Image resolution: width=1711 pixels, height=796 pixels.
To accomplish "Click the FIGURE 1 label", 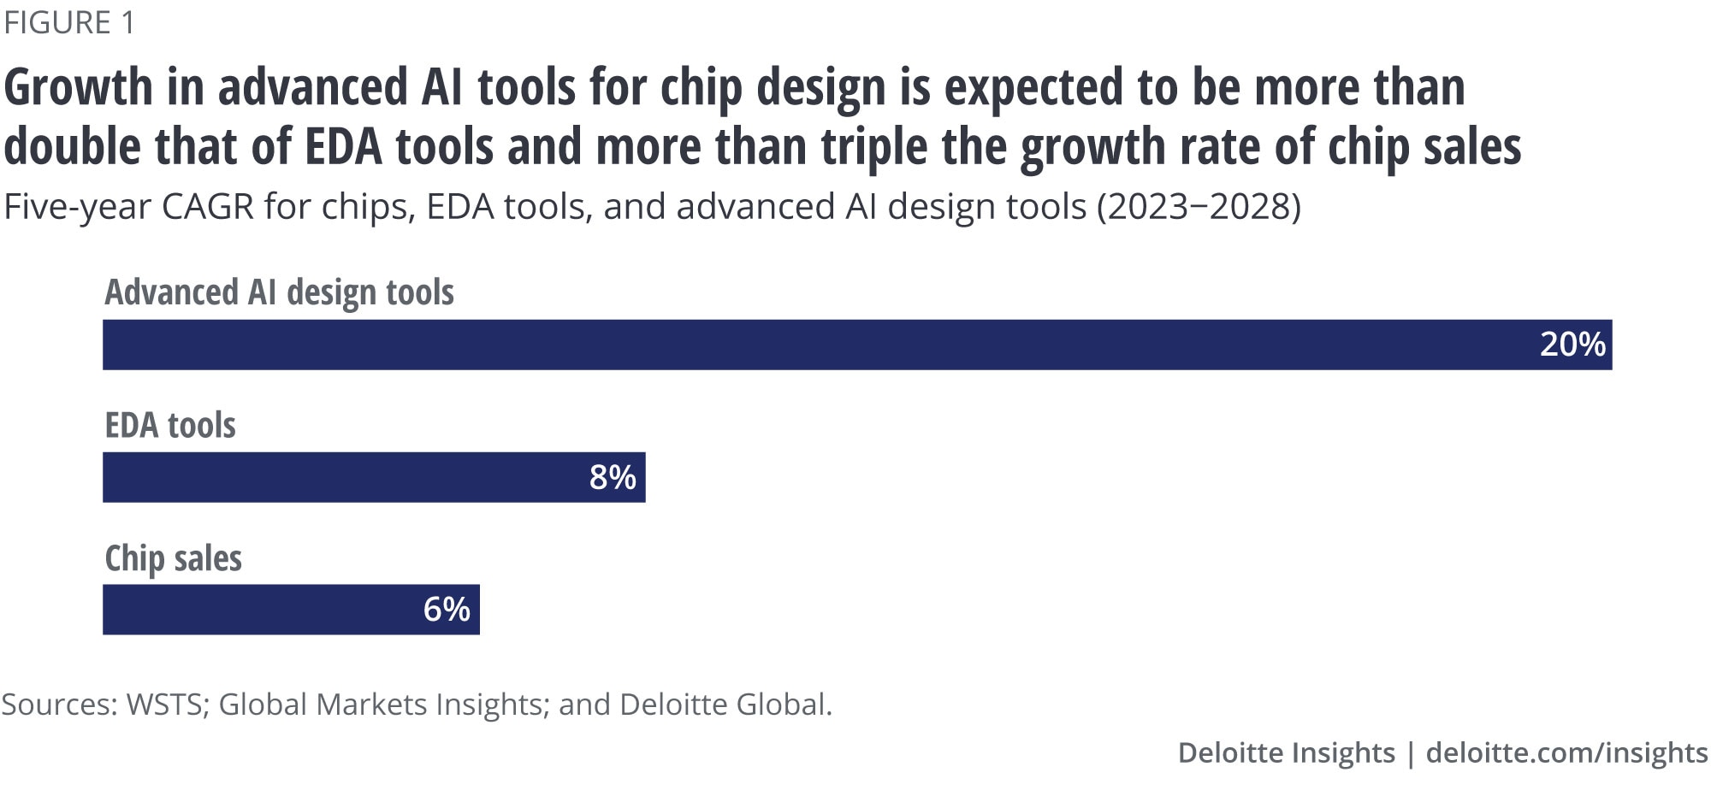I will (x=69, y=23).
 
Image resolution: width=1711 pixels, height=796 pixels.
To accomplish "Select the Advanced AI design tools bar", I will (x=855, y=345).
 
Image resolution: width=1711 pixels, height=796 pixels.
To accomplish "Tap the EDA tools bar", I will (x=374, y=477).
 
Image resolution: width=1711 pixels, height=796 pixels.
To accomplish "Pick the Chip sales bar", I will (x=291, y=610).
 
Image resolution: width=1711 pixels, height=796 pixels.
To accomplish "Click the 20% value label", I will (x=1572, y=345).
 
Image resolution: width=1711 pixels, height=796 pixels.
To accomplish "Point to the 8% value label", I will (x=613, y=477).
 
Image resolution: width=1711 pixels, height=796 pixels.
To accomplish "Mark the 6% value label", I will (x=447, y=610).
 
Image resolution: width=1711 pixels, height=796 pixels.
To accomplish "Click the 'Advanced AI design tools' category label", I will (x=279, y=292).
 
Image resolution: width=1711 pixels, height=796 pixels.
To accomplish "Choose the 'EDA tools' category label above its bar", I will (x=170, y=425).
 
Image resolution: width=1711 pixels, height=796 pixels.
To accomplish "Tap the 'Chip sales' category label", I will (x=173, y=558).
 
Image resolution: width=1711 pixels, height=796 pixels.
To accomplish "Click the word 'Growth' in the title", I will (x=79, y=88).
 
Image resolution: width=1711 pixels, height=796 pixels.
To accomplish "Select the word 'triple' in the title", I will (x=874, y=147).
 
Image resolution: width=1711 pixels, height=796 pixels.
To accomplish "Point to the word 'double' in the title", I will (x=72, y=147).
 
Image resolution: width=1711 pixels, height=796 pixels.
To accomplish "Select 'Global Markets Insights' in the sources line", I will (x=382, y=705).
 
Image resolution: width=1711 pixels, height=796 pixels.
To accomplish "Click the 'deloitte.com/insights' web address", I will (x=1566, y=752).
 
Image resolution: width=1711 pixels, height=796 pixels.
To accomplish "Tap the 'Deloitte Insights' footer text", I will (x=1286, y=752).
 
